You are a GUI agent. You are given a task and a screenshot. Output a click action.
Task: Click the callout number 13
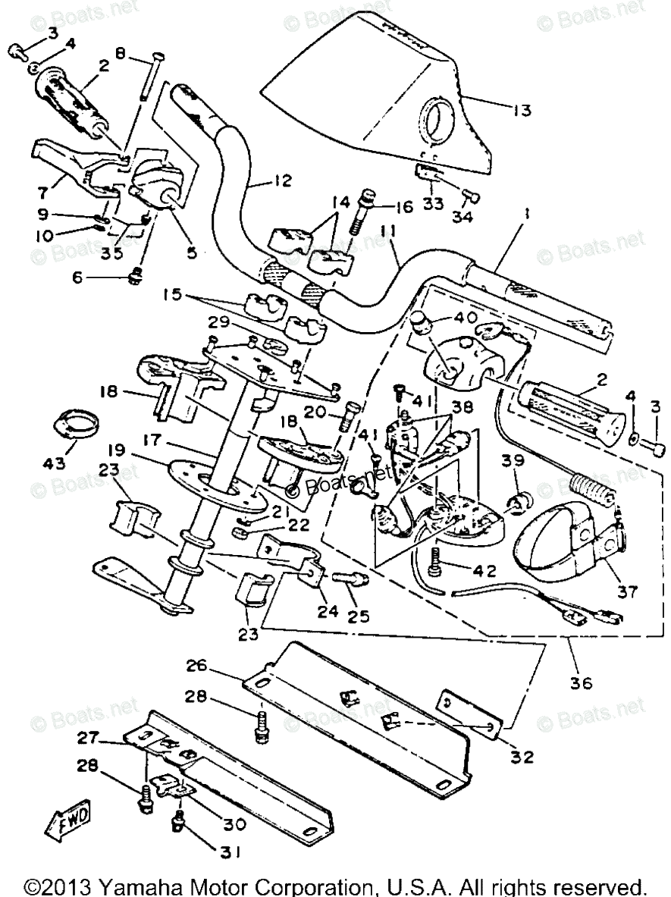tap(519, 110)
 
